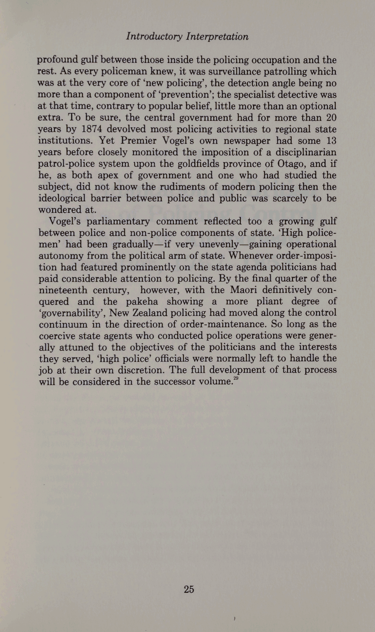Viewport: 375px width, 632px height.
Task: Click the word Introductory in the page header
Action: tap(154, 36)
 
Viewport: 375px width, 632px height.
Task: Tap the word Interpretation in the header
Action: tap(217, 36)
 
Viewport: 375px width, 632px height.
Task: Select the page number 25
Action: tap(189, 589)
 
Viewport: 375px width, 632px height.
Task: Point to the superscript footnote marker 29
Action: tap(236, 379)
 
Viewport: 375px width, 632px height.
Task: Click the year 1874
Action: tap(92, 129)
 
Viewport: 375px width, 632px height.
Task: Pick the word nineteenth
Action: tap(63, 290)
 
